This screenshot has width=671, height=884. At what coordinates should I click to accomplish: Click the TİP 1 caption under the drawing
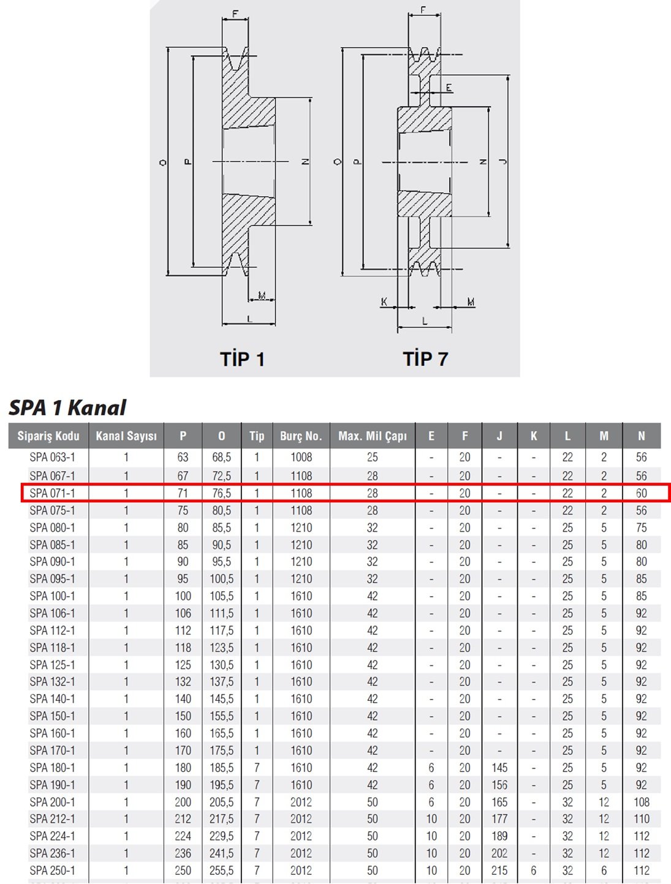(243, 359)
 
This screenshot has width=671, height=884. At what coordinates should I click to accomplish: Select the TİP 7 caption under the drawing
(425, 359)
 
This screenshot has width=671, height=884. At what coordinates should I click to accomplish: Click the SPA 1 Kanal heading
(67, 407)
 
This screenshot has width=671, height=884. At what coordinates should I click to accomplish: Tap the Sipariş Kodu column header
(48, 436)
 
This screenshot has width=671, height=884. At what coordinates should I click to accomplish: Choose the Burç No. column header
(301, 436)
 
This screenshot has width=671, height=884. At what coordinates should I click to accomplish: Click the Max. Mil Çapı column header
(372, 436)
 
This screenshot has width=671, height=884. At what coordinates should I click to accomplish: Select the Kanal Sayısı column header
(126, 436)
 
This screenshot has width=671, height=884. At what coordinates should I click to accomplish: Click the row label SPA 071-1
(52, 493)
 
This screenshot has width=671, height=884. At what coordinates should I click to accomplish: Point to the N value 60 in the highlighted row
(641, 493)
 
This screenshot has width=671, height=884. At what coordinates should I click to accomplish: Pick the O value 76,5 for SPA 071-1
(221, 493)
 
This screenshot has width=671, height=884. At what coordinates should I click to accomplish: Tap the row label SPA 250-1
(52, 871)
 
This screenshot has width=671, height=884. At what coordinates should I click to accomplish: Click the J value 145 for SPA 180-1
(499, 768)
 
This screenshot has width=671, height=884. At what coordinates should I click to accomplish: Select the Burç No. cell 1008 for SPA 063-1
(301, 457)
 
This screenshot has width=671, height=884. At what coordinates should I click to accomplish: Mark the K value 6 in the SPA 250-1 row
(534, 871)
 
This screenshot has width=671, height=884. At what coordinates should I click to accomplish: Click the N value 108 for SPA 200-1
(641, 802)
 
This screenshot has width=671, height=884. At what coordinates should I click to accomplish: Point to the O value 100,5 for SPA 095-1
(221, 579)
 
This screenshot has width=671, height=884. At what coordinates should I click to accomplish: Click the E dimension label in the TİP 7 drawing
(449, 88)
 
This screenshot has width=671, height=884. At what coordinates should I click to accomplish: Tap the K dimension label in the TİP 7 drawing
(384, 301)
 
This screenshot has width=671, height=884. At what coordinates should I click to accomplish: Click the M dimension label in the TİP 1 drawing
(262, 296)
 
